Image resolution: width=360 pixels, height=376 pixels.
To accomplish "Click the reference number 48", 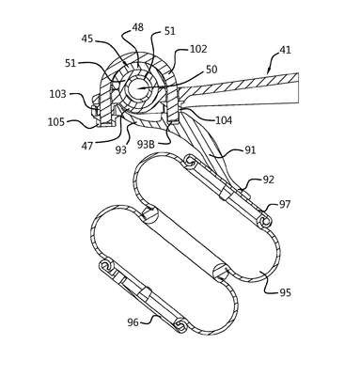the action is (x=137, y=27).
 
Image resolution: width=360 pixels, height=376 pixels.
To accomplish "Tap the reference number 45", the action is (x=87, y=39).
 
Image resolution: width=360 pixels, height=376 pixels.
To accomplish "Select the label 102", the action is (x=198, y=49).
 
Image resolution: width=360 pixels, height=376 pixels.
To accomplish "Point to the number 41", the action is (x=285, y=50).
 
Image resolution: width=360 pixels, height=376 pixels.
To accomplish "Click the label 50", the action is (x=211, y=70).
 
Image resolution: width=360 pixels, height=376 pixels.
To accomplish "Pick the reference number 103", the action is (x=57, y=94).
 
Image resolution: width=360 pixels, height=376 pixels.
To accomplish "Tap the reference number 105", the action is (x=56, y=122).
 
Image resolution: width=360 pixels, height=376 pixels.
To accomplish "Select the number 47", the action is (x=87, y=146).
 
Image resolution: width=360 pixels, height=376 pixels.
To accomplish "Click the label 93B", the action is (x=148, y=145).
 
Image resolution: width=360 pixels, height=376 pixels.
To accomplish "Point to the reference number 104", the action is (x=224, y=120).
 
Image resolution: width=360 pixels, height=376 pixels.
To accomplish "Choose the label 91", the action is (x=250, y=149).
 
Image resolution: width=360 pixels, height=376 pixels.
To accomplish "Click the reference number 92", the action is (x=268, y=180).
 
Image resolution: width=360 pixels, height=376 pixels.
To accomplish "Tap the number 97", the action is (x=285, y=205).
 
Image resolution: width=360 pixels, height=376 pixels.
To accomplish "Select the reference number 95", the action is (x=285, y=292).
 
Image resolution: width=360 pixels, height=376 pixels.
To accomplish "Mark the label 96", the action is (x=133, y=321).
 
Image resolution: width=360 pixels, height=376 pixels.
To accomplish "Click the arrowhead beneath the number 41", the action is (x=267, y=71).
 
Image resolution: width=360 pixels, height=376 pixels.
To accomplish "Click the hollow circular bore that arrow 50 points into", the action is (x=136, y=88).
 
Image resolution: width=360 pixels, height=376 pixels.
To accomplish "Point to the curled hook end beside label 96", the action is (x=181, y=325).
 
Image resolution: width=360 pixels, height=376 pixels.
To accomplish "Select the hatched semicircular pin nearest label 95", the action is (x=221, y=270).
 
